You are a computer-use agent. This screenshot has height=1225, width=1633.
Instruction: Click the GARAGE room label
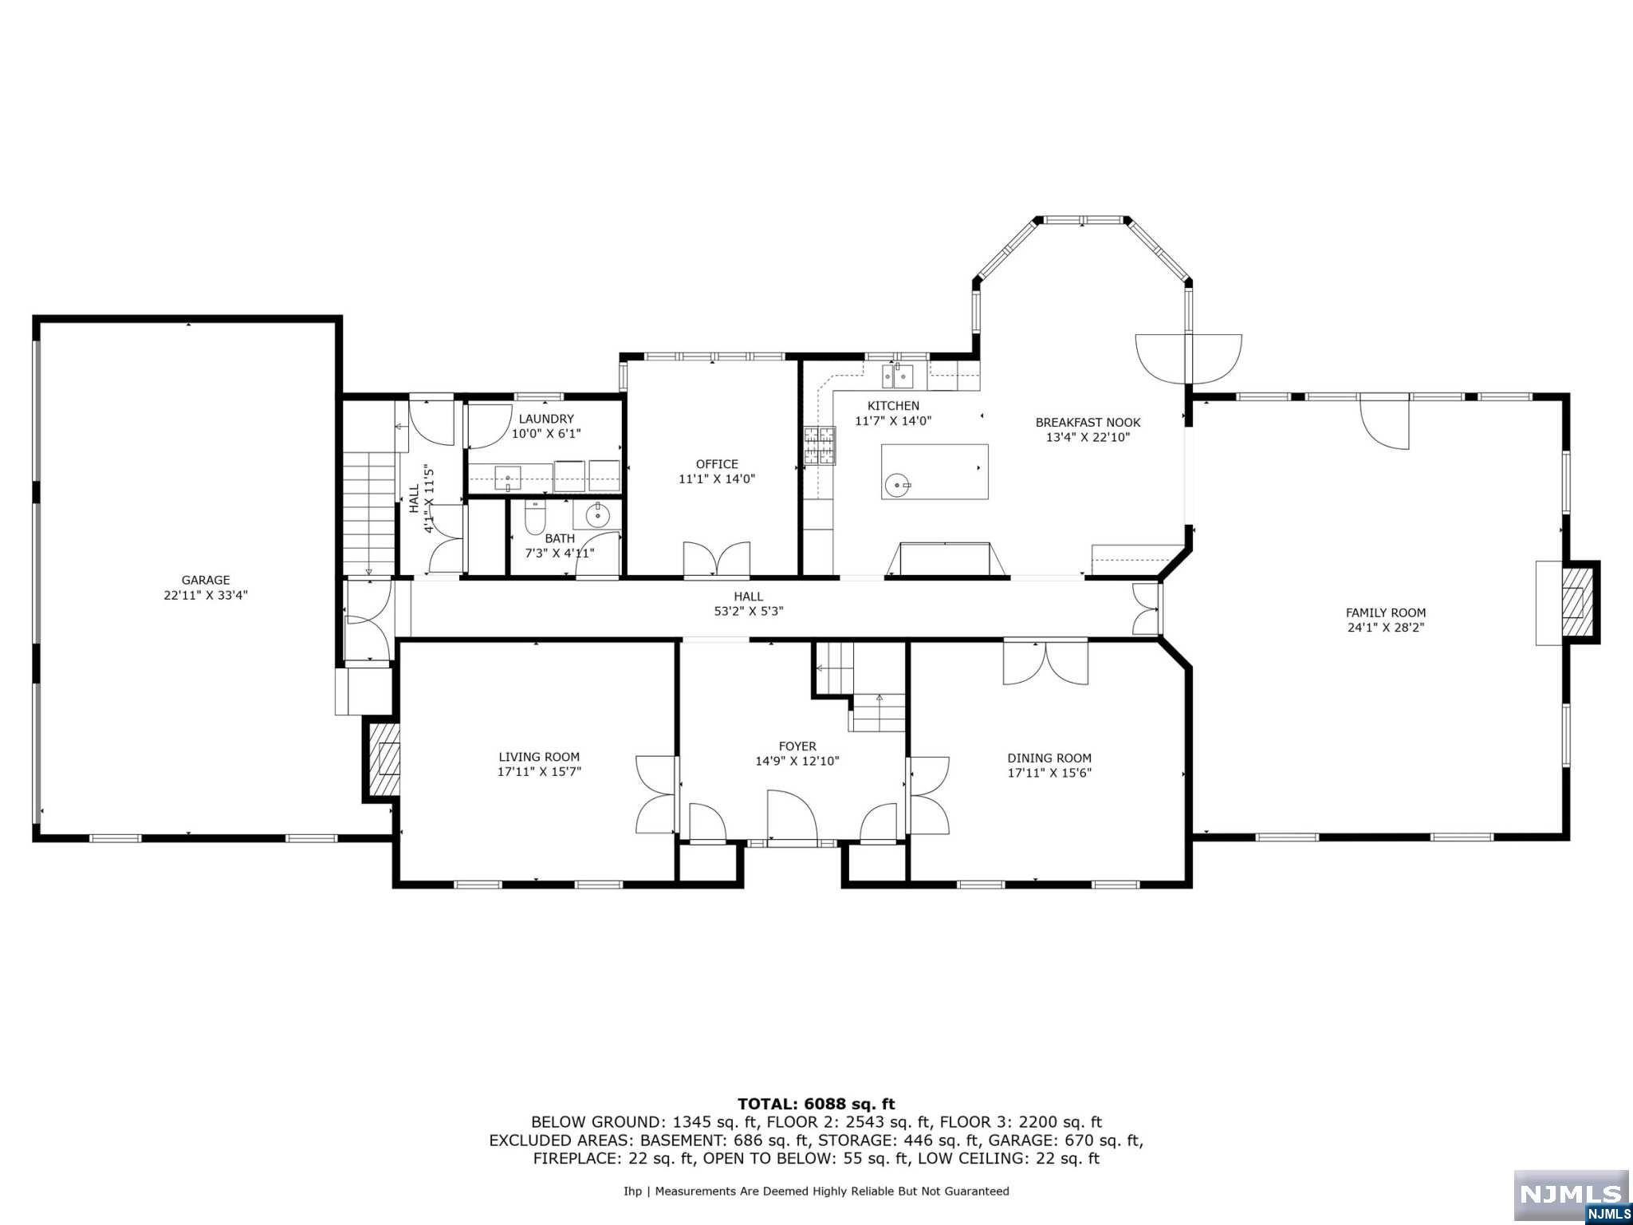click(x=206, y=580)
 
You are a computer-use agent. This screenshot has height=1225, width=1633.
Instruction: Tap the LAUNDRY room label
click(x=546, y=419)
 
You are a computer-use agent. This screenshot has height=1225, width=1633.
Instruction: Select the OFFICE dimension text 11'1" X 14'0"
click(x=717, y=479)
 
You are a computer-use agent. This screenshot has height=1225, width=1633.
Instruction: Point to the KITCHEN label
click(x=893, y=406)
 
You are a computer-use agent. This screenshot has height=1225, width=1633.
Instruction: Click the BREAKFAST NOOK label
click(x=1088, y=423)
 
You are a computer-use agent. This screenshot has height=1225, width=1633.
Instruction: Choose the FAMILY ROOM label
click(x=1386, y=612)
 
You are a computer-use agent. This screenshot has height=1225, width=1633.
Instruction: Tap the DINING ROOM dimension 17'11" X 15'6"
click(x=1049, y=773)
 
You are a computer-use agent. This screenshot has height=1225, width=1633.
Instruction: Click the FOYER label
click(x=797, y=746)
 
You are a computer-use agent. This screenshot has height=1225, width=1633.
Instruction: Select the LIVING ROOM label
click(x=539, y=757)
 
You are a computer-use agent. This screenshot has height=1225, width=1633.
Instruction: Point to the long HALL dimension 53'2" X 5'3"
click(x=749, y=612)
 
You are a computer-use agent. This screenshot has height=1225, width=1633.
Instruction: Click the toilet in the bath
click(x=534, y=518)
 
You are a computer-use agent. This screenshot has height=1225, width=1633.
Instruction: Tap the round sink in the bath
click(x=597, y=516)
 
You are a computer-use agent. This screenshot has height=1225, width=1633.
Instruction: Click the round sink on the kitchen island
click(x=898, y=483)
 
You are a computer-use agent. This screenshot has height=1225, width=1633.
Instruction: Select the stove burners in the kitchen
click(x=820, y=446)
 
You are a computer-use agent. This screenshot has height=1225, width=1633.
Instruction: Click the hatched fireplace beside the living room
click(x=383, y=759)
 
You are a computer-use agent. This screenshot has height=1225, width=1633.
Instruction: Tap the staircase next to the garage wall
click(x=370, y=512)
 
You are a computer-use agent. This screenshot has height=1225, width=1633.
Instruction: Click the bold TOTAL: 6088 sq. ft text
click(x=816, y=1105)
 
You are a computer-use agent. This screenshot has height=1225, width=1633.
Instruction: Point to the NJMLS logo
click(x=1571, y=1196)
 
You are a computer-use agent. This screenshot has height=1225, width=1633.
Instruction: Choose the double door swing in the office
click(x=717, y=557)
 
